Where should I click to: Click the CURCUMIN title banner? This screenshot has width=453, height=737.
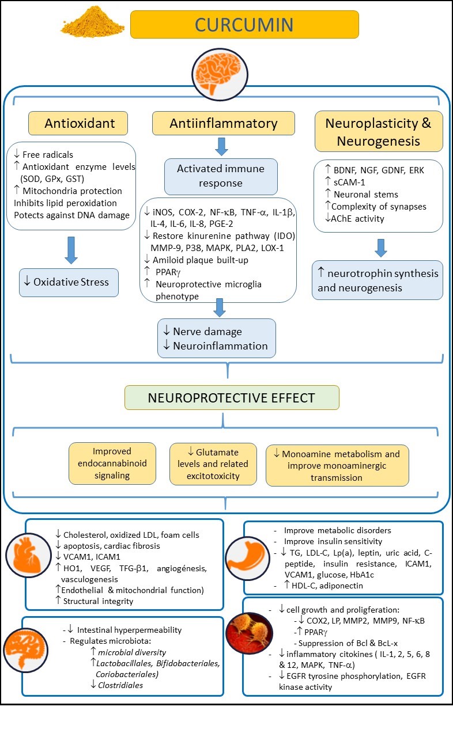pos(244,24)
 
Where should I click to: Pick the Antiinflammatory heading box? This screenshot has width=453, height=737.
pos(223,123)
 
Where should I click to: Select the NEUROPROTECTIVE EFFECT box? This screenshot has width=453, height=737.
pos(232,397)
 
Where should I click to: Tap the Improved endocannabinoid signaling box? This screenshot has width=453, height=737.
pos(112,463)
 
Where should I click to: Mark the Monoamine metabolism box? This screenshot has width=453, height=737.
pos(337,464)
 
